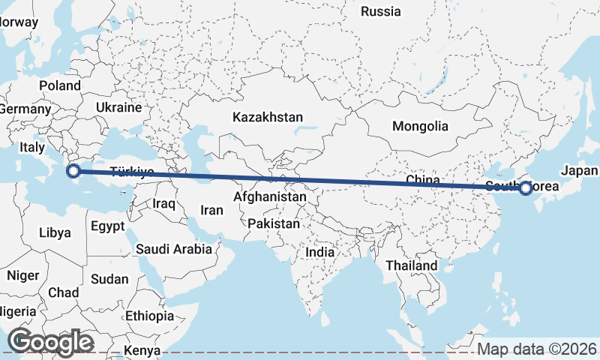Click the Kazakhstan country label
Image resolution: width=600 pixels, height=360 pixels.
(x=268, y=118)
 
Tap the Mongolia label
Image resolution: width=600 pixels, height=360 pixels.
(x=420, y=126)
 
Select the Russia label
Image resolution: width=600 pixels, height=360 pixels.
(x=382, y=11)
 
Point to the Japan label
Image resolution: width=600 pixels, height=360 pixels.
(x=579, y=170)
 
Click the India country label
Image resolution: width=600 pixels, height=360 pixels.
(x=319, y=253)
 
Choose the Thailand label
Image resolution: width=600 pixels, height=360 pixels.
(x=411, y=265)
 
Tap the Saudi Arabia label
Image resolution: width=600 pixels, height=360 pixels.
(x=174, y=249)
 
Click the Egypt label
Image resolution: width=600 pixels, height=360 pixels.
(x=107, y=225)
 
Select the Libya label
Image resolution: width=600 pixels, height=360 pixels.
(x=55, y=232)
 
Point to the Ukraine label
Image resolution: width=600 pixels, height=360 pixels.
(x=118, y=108)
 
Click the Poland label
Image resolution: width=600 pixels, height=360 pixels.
(x=60, y=85)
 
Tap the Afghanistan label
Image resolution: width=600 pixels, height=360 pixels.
(x=270, y=197)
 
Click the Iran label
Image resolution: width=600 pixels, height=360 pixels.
(x=212, y=211)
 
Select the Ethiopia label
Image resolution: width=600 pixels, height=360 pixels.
(x=149, y=315)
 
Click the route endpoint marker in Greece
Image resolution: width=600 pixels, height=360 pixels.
(x=73, y=171)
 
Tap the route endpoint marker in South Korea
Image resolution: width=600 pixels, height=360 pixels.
(x=526, y=188)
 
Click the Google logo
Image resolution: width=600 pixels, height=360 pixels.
(x=50, y=341)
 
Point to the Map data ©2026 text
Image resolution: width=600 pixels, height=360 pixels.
(x=536, y=349)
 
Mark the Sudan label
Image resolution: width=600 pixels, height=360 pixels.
(x=109, y=279)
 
